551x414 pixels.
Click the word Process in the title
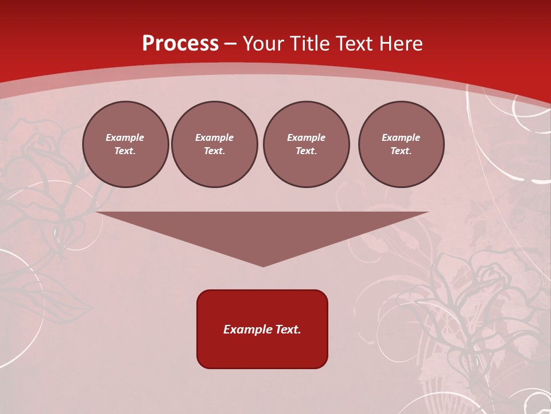point(180,44)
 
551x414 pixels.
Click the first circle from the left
point(126,144)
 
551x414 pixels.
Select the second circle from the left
point(215,144)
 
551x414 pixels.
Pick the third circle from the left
point(306,144)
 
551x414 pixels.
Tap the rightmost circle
point(401,144)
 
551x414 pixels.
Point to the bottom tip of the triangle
point(263,266)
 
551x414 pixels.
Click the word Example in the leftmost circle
point(125,137)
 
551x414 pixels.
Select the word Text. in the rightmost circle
point(401,151)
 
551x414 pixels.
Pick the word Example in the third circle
point(306,137)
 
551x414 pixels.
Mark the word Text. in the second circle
point(215,151)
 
